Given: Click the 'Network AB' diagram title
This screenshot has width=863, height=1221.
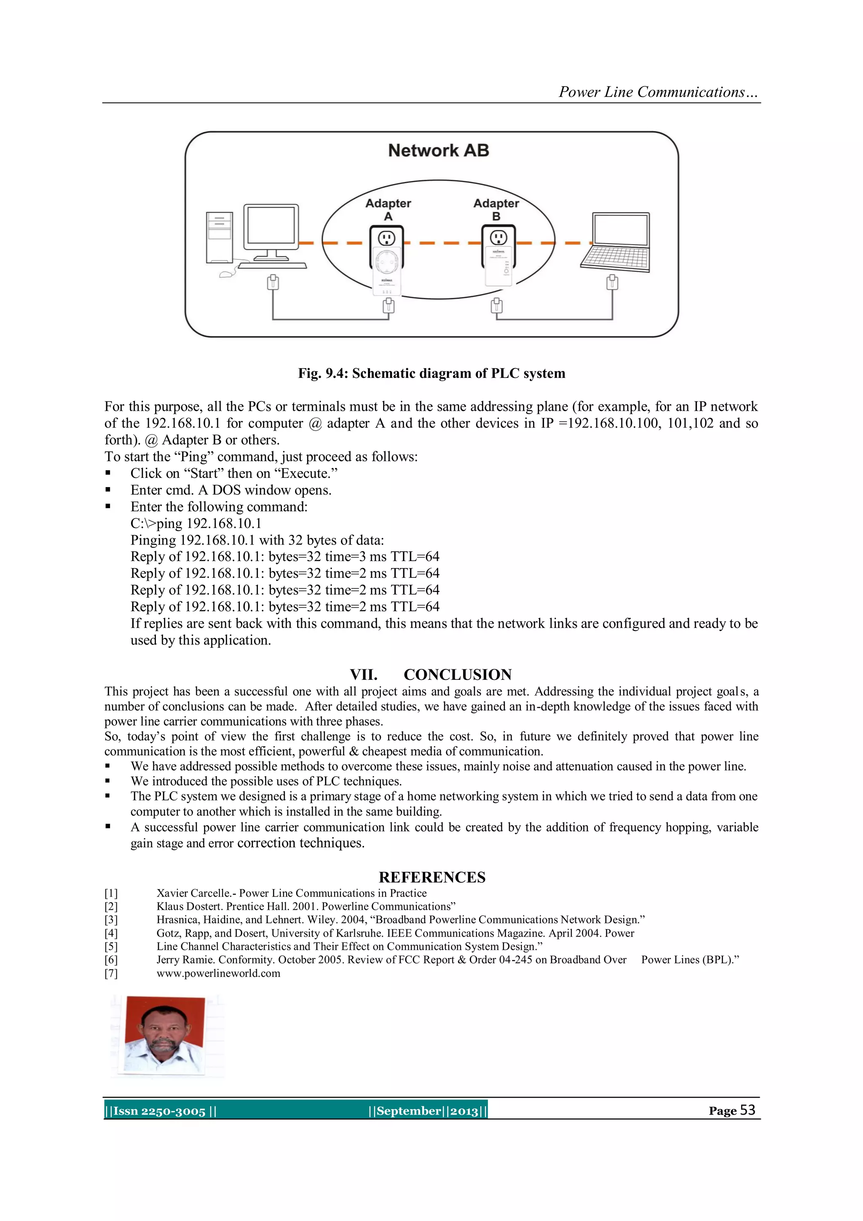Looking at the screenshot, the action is coord(438,151).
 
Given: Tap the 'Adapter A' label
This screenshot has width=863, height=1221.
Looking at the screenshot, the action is coord(388,210).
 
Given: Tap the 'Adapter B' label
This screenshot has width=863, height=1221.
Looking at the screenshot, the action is coord(496,210).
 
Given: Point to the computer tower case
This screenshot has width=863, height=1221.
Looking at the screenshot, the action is coord(220,238).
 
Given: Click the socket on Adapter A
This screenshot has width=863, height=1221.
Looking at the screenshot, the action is coord(386,238).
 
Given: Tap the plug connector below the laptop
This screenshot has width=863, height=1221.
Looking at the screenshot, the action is coord(612,282).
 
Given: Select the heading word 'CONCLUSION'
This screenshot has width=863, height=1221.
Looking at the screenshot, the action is coord(458,674).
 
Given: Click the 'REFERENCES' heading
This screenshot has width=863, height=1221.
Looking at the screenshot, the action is coord(431,877).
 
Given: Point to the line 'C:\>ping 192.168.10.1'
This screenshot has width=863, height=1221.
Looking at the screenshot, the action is coord(196,523).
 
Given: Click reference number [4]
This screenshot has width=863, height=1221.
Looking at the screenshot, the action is coord(111,933).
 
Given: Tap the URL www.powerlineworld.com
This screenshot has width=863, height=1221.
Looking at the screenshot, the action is coord(218,973).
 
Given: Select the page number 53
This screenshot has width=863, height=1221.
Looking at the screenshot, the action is coord(747,1110).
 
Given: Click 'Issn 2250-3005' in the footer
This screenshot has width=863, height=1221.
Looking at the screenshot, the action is coord(159,1111).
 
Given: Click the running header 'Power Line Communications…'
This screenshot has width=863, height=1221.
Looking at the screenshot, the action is coord(658,92).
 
